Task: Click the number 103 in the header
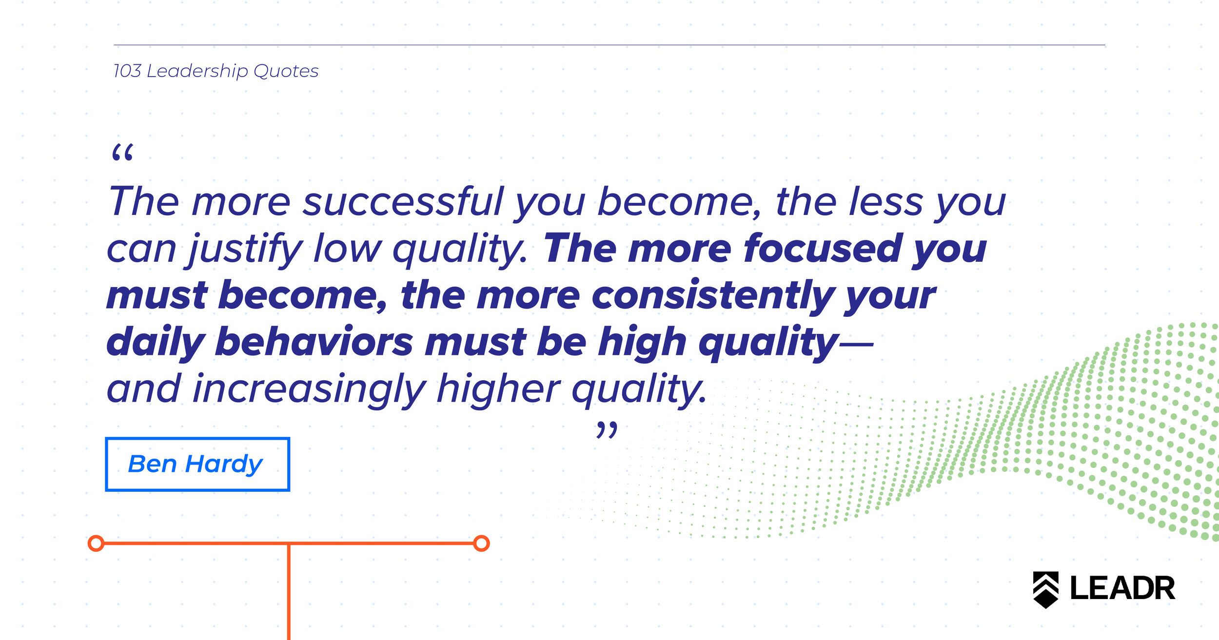pos(127,71)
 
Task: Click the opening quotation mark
pos(122,153)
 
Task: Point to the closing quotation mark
pos(607,430)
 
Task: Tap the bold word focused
pos(823,249)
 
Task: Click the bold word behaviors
pos(315,342)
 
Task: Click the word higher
pos(498,389)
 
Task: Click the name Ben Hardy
pos(196,464)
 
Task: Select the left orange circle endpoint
pos(96,543)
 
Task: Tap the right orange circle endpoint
pos(481,543)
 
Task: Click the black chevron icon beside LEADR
pos(1046,590)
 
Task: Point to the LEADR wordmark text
pos(1122,588)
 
